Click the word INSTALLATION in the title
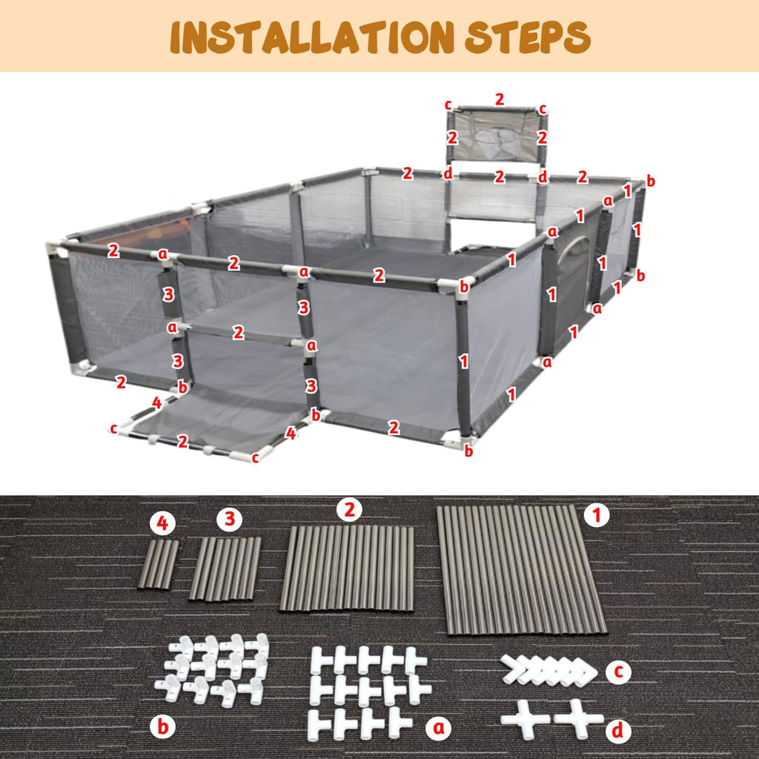tap(312, 37)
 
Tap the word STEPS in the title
tap(528, 37)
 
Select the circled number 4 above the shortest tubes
tap(162, 524)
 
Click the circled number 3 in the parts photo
tap(230, 519)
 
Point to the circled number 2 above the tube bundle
tap(350, 509)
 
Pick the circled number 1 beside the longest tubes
tap(597, 515)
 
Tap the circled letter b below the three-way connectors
tap(162, 726)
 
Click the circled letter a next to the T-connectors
tap(439, 728)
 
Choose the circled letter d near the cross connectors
tap(618, 730)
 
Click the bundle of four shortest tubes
tap(159, 564)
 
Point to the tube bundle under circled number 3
tap(225, 569)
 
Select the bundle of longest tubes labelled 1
tap(521, 570)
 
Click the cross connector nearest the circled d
tap(579, 719)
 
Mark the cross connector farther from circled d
tap(526, 719)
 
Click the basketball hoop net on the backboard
tap(495, 141)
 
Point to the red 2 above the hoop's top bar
tap(500, 99)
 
